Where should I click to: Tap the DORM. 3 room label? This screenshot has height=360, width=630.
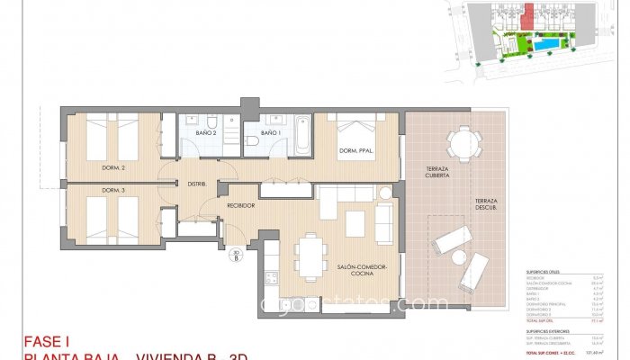(112, 190)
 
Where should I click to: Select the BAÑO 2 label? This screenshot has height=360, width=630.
(206, 133)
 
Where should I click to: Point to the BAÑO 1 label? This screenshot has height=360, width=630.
(271, 133)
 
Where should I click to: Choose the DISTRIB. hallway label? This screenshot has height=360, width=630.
(197, 184)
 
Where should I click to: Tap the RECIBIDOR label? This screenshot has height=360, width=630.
(240, 205)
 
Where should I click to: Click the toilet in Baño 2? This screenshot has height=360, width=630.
(209, 121)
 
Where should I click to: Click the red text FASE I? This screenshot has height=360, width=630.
(46, 342)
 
